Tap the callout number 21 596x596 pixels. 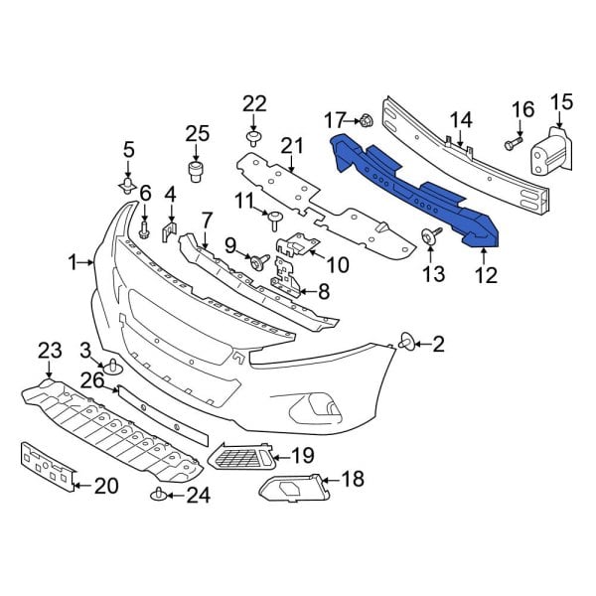[291, 148]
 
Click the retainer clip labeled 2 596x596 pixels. [407, 344]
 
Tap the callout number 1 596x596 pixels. [73, 262]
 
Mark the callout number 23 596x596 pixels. [50, 350]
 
